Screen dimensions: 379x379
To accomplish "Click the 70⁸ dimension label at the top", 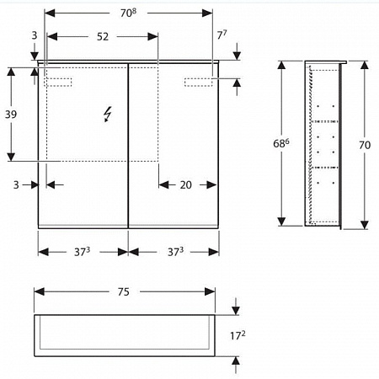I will click(128, 12).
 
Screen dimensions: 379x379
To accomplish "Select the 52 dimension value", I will click(102, 37).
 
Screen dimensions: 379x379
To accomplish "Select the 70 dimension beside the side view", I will click(365, 145).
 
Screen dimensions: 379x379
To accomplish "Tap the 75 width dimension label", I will click(123, 292).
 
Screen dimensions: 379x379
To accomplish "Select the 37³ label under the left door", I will click(82, 252).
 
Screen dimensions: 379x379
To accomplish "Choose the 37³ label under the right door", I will click(173, 252).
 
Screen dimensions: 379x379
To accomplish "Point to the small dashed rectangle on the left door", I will click(59, 81).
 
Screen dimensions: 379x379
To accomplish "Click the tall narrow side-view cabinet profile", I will click(324, 145).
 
